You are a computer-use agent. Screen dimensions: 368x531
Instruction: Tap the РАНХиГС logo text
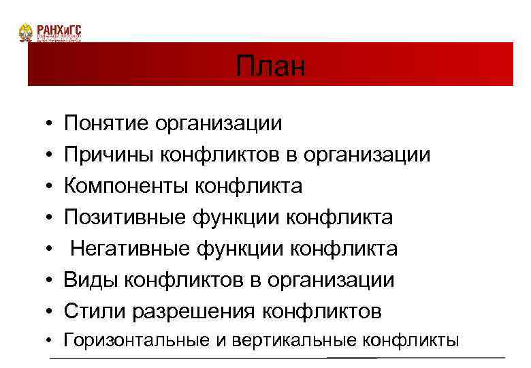click(59, 29)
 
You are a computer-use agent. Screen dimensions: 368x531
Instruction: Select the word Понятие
click(106, 123)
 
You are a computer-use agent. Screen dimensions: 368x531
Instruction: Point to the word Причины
click(109, 155)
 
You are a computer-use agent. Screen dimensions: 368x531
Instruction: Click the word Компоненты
click(126, 186)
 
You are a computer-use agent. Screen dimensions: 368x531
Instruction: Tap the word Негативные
click(132, 249)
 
